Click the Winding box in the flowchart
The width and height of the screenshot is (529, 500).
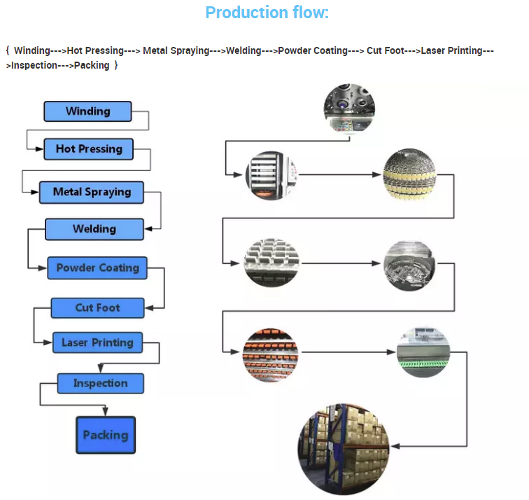click(x=87, y=111)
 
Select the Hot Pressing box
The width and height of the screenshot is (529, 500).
click(x=89, y=149)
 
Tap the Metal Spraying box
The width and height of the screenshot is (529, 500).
click(x=92, y=193)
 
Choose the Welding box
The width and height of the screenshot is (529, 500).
click(x=94, y=229)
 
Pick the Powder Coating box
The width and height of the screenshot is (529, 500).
click(x=97, y=268)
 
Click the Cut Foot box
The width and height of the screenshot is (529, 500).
click(x=98, y=308)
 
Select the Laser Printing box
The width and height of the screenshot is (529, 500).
click(x=97, y=342)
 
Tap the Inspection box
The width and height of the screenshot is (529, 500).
click(x=101, y=384)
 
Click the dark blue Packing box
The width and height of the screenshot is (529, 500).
click(x=106, y=435)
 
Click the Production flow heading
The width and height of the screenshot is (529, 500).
click(x=267, y=13)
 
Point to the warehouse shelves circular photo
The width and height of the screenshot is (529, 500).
click(x=344, y=449)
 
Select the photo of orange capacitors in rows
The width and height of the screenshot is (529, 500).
click(x=270, y=355)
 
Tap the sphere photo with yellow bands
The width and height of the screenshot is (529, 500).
click(x=409, y=174)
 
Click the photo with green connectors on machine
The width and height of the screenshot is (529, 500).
click(x=423, y=352)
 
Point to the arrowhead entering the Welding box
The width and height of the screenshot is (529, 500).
click(x=148, y=229)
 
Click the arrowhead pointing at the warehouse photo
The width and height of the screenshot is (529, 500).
click(x=395, y=446)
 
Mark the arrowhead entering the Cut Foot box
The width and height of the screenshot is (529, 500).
click(x=149, y=308)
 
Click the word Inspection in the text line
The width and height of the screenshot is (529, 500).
click(x=34, y=65)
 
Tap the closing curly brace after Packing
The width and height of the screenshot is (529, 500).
click(x=115, y=65)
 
